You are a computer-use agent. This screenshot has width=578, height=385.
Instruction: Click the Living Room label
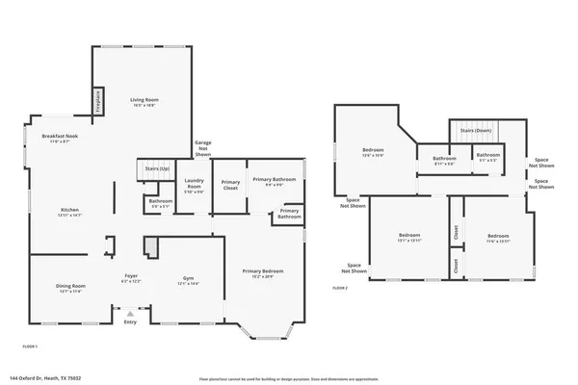144,99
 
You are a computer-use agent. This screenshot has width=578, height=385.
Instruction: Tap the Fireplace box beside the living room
98,102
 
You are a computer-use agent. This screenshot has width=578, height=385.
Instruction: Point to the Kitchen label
69,210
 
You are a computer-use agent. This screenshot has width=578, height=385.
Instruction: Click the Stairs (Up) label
151,167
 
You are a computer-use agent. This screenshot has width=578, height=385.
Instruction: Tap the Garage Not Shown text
202,148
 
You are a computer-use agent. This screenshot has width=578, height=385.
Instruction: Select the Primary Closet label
230,185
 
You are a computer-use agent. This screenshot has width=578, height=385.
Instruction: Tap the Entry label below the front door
130,321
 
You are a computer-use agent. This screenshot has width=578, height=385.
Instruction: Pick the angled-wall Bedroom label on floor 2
373,151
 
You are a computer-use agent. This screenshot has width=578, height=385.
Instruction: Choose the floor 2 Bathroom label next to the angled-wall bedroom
443,159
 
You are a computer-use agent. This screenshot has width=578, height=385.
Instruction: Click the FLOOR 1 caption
30,345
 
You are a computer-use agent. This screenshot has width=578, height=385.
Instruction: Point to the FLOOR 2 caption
340,288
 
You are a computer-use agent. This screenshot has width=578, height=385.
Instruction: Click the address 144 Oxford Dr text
39,377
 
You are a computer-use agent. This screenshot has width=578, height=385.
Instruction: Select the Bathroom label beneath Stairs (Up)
161,203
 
